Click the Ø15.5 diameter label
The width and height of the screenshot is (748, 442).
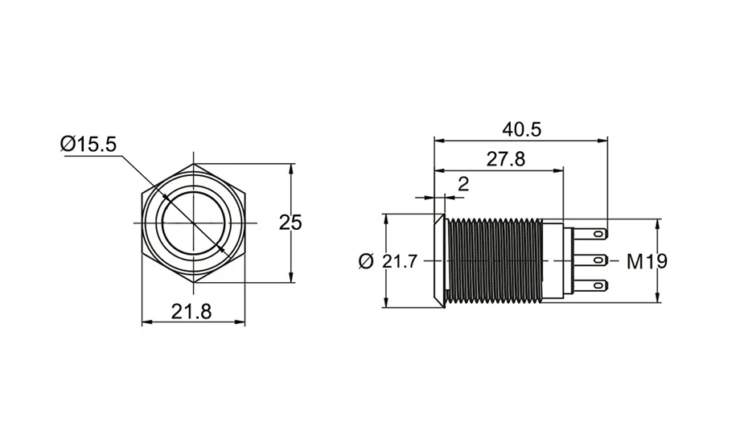click(x=88, y=144)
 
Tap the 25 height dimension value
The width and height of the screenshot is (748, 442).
click(x=290, y=223)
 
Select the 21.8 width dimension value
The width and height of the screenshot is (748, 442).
click(x=191, y=312)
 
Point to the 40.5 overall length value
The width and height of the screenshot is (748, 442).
click(x=522, y=129)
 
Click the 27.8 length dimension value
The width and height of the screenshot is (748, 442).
click(x=506, y=159)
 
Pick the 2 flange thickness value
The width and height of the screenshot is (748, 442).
click(x=463, y=183)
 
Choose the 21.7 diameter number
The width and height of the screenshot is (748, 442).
click(x=400, y=261)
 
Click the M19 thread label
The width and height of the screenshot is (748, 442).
click(x=647, y=261)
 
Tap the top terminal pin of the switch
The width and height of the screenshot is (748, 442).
click(x=590, y=234)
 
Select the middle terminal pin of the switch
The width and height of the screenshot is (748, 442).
click(x=590, y=260)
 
